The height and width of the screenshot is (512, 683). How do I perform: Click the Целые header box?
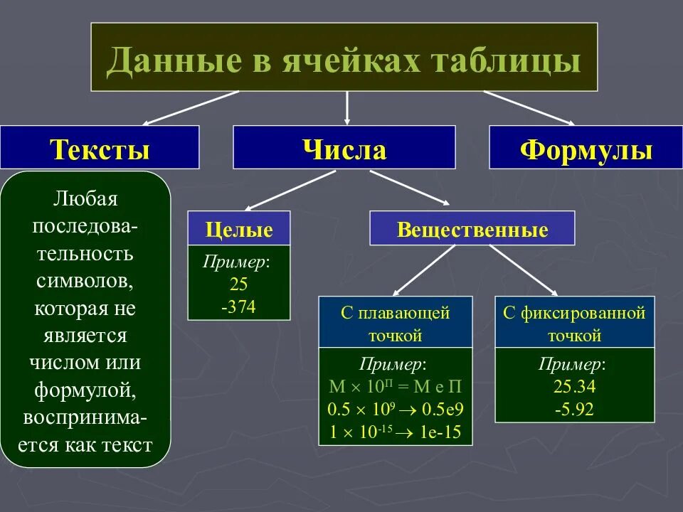(x=239, y=230)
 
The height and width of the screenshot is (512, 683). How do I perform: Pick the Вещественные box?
(x=472, y=230)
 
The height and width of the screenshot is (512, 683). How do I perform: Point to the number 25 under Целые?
(x=238, y=284)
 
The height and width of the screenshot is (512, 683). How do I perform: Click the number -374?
(x=238, y=306)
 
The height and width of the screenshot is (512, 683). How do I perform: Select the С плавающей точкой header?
(x=395, y=323)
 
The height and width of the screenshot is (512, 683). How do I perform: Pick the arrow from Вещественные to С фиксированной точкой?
(x=523, y=269)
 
